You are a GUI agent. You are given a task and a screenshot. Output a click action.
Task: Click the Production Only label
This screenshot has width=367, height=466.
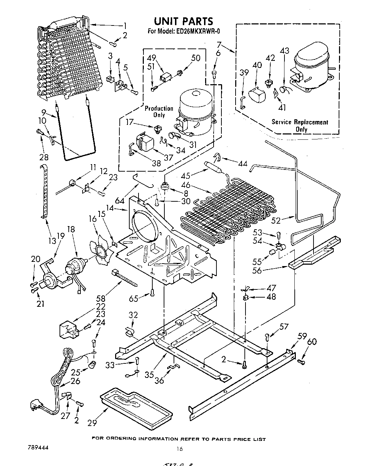(159, 111)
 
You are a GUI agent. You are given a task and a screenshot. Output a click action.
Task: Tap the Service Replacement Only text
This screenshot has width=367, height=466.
(300, 125)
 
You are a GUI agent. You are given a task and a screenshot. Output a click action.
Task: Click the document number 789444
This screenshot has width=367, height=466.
(37, 447)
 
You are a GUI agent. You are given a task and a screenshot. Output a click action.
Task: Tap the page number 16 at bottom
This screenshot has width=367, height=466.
(180, 449)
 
